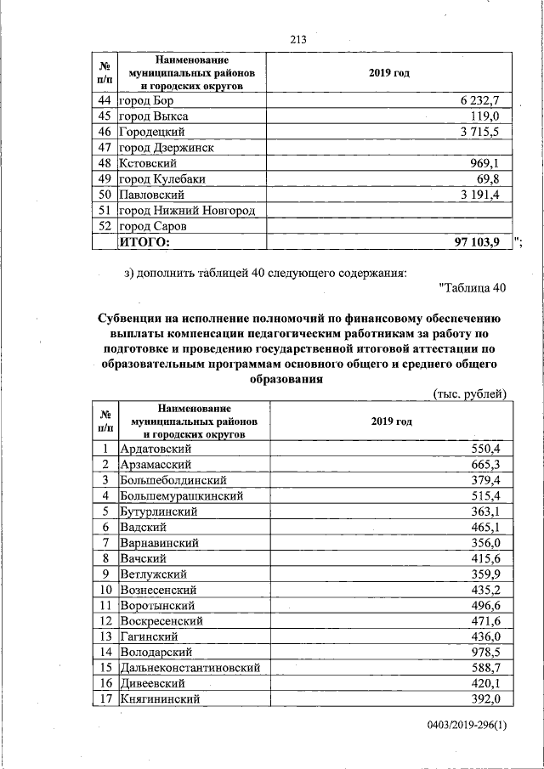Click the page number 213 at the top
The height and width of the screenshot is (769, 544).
[297, 40]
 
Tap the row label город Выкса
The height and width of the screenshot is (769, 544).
[154, 116]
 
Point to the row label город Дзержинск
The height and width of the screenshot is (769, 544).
[166, 147]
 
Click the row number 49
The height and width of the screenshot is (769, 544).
[105, 178]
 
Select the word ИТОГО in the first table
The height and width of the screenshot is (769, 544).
[144, 242]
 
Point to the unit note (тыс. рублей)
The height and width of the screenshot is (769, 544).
[470, 393]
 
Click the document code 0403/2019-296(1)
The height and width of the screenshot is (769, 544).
[467, 725]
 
